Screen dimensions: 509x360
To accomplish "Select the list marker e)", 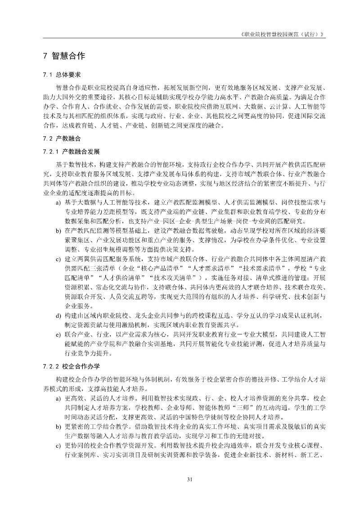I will pyautogui.click(x=58, y=335).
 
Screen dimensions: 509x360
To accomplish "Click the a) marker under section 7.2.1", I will pyautogui.click(x=58, y=203).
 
